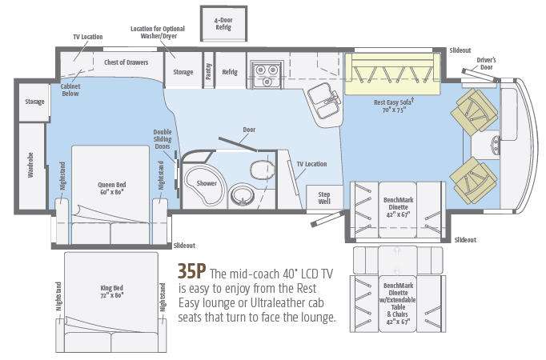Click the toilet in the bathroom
[263, 169]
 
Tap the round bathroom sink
[242, 196]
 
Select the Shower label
[207, 183]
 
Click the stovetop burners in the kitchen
[267, 74]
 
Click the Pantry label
[209, 71]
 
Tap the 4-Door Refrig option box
[223, 24]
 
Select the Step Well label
[324, 198]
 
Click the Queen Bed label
[111, 188]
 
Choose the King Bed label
[112, 291]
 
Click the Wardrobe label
[30, 166]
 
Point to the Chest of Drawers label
[126, 62]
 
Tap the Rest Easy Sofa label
[394, 106]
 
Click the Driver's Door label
[486, 63]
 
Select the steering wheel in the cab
[495, 145]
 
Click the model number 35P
[191, 271]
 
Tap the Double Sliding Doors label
[163, 139]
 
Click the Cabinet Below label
[70, 90]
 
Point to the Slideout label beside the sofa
[460, 50]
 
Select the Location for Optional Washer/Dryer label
[158, 32]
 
